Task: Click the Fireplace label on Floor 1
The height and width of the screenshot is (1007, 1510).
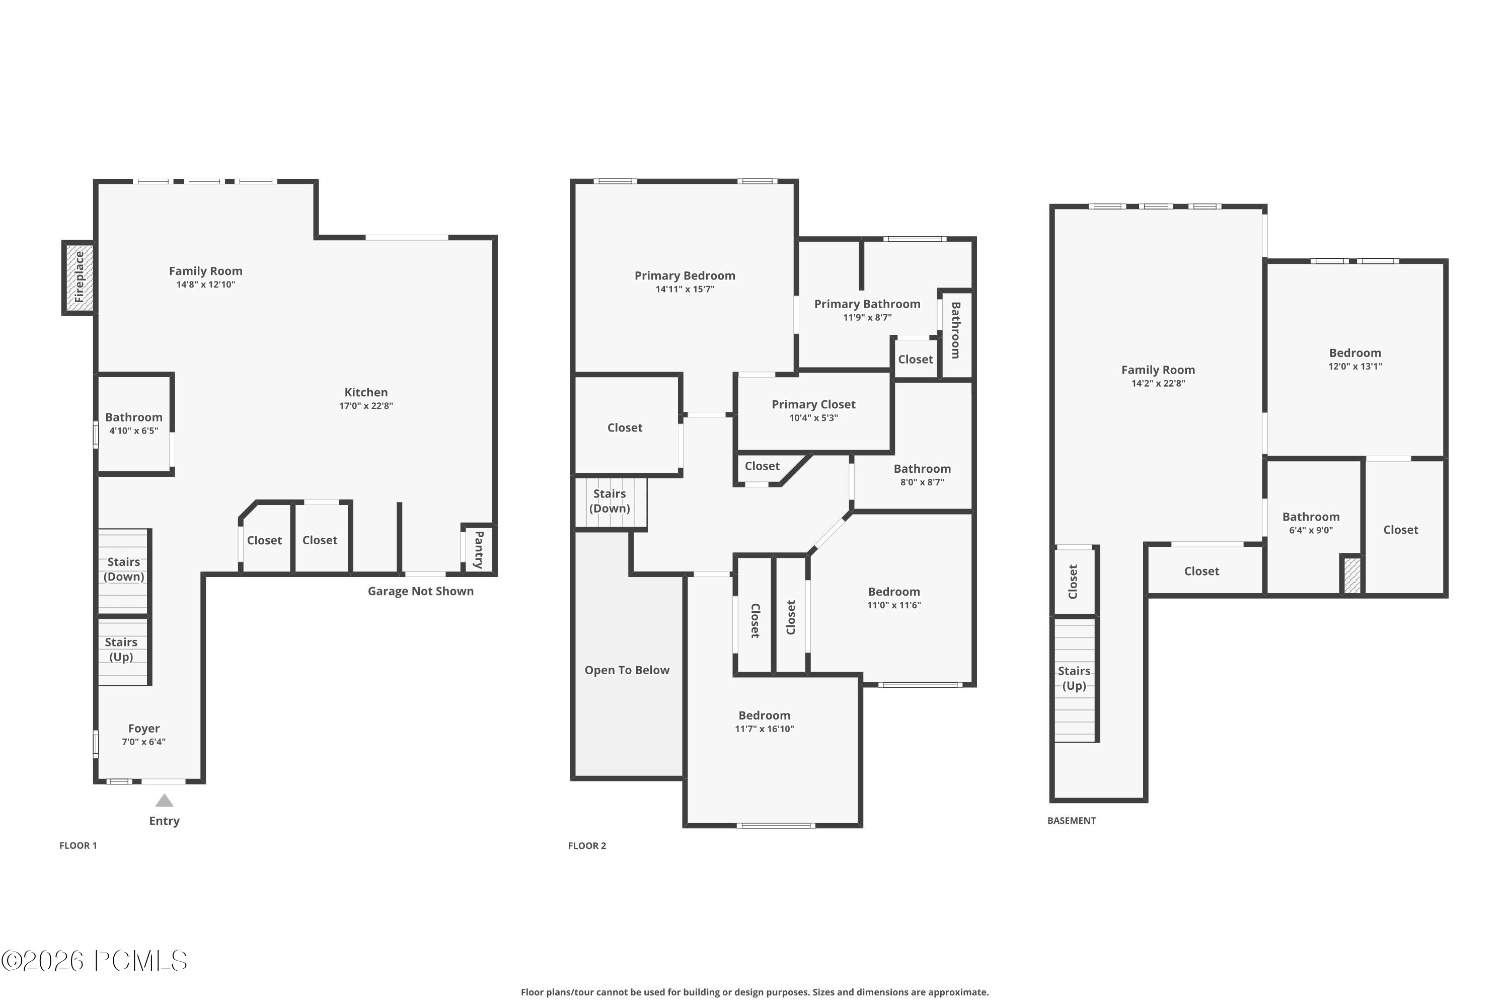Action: [x=79, y=277]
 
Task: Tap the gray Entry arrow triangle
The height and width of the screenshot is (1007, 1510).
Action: [x=165, y=801]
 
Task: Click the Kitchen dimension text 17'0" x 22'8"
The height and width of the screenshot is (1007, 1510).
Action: [x=366, y=406]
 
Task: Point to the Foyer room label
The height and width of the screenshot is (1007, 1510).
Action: [x=144, y=728]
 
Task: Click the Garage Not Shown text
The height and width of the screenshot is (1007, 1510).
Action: [x=420, y=592]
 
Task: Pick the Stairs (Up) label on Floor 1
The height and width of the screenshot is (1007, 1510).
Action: [x=121, y=650]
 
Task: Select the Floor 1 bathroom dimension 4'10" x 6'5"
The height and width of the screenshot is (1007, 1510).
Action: [x=133, y=431]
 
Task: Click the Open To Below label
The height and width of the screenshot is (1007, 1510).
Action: [x=627, y=670]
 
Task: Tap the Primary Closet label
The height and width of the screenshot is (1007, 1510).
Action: [x=813, y=404]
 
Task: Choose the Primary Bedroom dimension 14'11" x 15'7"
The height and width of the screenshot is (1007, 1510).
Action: [x=685, y=290]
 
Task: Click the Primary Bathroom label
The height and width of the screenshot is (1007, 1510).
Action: [x=867, y=304]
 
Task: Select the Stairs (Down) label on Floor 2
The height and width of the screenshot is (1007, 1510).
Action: [x=609, y=501]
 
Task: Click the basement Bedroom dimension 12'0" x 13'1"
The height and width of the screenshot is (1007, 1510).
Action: [x=1354, y=367]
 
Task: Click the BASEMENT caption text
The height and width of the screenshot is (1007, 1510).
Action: [x=1071, y=821]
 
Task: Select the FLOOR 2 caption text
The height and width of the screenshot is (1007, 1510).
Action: [x=587, y=846]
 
